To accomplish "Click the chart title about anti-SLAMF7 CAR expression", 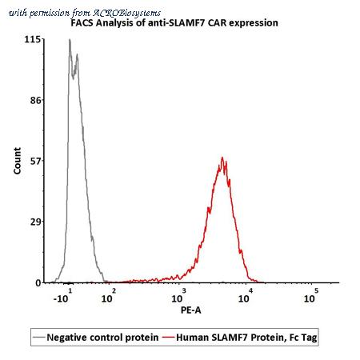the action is [x=174, y=23].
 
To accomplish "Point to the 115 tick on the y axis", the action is [x=34, y=39].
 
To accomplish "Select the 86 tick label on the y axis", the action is [x=35, y=100].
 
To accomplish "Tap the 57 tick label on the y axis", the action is [x=35, y=161].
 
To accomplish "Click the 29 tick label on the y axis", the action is [x=35, y=222].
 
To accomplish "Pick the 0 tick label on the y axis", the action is [x=38, y=283].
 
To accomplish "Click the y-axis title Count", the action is [x=17, y=161].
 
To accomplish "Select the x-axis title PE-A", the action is [x=191, y=310].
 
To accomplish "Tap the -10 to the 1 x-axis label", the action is [x=63, y=296].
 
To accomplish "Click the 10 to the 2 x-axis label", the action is [x=109, y=296].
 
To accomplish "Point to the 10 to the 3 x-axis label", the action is [x=178, y=296].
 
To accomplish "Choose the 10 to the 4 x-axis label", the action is [x=246, y=296].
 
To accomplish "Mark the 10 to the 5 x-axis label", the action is [x=311, y=296].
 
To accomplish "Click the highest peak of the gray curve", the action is [x=70, y=39].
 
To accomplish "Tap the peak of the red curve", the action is [x=222, y=158].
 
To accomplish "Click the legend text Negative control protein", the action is [x=102, y=338].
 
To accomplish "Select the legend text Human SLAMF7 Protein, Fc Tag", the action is [x=246, y=338].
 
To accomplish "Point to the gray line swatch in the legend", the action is [x=39, y=338].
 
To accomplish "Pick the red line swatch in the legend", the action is [x=168, y=338].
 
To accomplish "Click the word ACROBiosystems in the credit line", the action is [x=126, y=13].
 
